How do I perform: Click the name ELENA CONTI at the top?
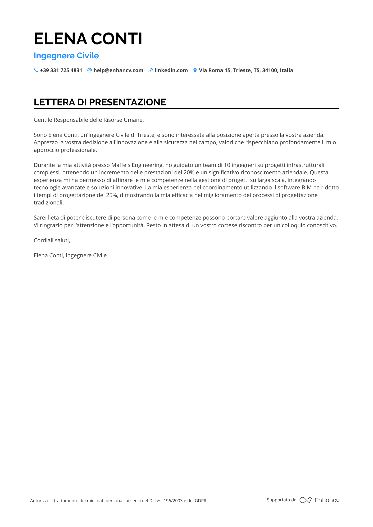(88, 39)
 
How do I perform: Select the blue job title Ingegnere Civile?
(66, 56)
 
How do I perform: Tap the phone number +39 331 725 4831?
(61, 70)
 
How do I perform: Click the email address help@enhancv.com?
(118, 70)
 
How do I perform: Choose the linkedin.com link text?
(171, 70)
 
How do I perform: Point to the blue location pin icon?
(195, 70)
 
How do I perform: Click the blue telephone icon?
(36, 70)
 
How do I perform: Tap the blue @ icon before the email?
(89, 70)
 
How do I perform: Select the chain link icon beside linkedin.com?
(151, 70)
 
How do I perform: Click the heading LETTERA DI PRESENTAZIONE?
(100, 102)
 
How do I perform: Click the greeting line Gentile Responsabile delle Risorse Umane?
(89, 120)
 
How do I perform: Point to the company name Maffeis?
(121, 165)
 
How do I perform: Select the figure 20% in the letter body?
(189, 172)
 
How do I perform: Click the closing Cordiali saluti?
(52, 240)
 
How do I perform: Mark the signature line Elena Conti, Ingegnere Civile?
(70, 255)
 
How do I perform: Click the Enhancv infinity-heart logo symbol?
(305, 500)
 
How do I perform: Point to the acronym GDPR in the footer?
(201, 501)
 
